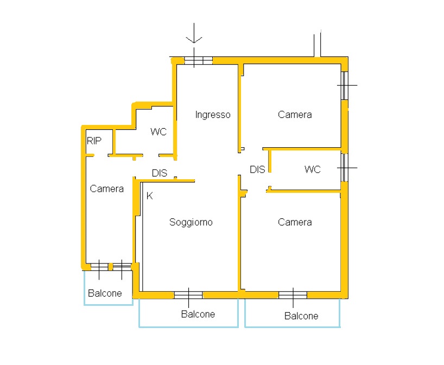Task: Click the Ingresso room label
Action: [213, 115]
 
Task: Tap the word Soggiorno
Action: [191, 222]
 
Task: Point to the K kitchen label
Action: [149, 196]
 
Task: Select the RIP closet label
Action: [94, 141]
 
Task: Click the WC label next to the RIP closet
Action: [158, 132]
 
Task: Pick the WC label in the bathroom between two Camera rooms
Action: [312, 169]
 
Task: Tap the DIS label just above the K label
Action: [160, 173]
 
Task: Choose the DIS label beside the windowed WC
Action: [257, 169]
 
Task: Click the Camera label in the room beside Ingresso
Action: [295, 115]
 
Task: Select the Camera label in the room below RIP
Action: [107, 188]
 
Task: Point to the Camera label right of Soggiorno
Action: [295, 222]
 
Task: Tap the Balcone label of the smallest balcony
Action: [105, 293]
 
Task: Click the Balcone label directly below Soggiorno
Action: [198, 314]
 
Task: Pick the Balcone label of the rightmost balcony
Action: [301, 316]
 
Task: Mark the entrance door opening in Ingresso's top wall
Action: [198, 60]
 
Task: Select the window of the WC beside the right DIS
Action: [344, 168]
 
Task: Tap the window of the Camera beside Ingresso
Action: [344, 85]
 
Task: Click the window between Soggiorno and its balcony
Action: [188, 295]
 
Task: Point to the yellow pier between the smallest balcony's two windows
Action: [111, 267]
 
